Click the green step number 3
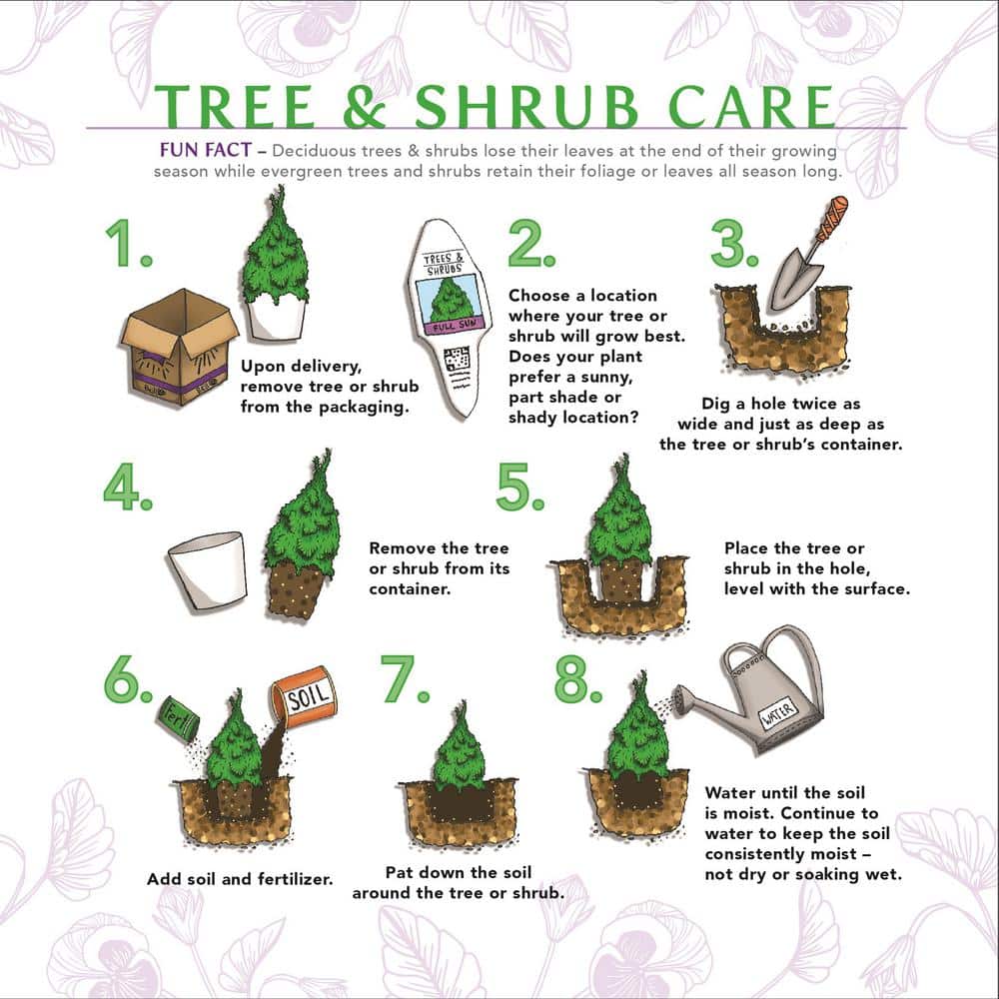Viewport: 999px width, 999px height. (x=734, y=245)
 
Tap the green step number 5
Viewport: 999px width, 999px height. (x=518, y=488)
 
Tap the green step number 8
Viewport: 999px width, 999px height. (x=577, y=681)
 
